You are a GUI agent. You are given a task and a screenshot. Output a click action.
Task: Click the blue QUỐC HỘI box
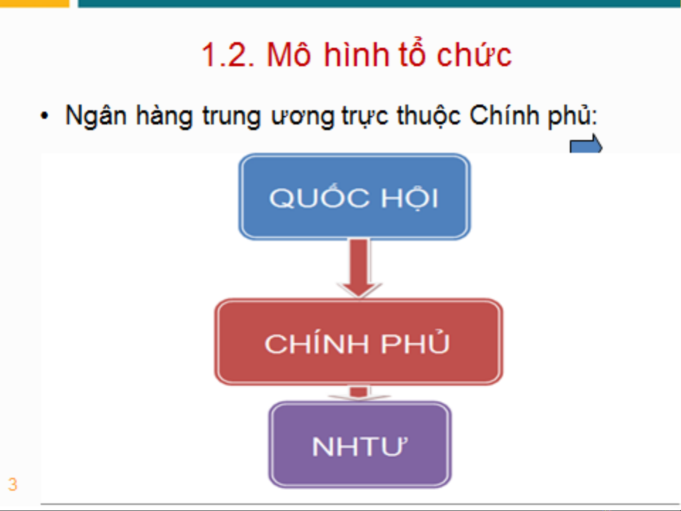354,197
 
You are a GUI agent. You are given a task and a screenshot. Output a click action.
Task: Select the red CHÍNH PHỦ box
359,342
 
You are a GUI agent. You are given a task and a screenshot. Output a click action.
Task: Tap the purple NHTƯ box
360,445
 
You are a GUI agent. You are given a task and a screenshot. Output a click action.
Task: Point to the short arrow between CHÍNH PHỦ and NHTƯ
359,393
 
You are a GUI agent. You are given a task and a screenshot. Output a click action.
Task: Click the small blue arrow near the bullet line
586,144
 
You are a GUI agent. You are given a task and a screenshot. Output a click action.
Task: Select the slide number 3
12,484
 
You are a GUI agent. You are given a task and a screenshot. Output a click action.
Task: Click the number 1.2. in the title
228,55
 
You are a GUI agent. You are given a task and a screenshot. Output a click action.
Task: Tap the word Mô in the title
289,55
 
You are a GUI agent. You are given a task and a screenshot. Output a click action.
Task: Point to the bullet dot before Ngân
45,116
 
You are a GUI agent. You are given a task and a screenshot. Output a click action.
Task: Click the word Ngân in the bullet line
96,116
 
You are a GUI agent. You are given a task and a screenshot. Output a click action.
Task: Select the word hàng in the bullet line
164,116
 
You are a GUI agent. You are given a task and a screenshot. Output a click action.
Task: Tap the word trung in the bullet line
232,117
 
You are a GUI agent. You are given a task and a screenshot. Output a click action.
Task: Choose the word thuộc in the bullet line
429,116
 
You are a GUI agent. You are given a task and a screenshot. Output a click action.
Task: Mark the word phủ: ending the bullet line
572,116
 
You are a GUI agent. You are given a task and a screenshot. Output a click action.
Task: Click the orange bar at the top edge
34,3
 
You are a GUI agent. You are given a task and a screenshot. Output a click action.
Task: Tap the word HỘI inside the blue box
410,197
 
